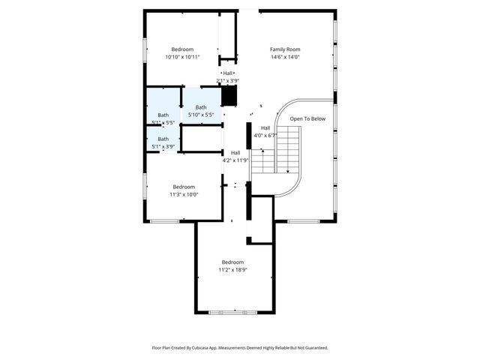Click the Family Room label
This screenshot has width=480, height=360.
[x=285, y=49]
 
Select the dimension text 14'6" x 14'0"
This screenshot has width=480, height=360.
[x=285, y=57]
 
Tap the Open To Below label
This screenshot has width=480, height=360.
[x=308, y=118]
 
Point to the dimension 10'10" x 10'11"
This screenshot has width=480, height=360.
[x=182, y=57]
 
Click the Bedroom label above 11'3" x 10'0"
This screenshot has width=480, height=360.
[x=184, y=187]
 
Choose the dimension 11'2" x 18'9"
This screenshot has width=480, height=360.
[x=232, y=270]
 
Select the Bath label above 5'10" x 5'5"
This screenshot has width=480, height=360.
[x=201, y=108]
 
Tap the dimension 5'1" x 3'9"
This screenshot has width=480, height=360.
[x=163, y=146]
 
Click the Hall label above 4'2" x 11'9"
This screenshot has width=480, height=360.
[x=235, y=152]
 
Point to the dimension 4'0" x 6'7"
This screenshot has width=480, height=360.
[x=265, y=136]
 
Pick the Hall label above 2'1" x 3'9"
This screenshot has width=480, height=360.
[x=227, y=73]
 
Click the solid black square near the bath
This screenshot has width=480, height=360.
[x=229, y=96]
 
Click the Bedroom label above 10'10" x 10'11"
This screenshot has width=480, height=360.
[x=182, y=49]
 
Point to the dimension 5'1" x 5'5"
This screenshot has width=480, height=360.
[x=163, y=122]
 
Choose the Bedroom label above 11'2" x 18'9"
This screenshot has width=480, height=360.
[x=232, y=262]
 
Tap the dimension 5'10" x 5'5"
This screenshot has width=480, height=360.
[x=201, y=115]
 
